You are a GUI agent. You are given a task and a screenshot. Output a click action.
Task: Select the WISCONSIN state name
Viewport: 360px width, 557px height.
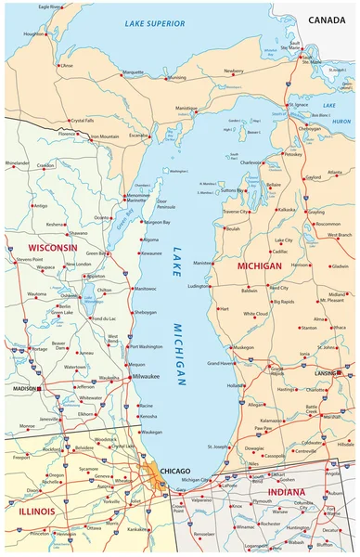click(52, 249)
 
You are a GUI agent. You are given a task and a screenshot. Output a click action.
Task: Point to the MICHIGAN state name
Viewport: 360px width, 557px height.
click(259, 266)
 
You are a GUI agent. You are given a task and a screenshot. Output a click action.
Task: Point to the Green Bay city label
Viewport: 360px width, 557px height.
click(95, 253)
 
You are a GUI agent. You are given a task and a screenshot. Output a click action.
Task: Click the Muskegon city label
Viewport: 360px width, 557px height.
click(243, 348)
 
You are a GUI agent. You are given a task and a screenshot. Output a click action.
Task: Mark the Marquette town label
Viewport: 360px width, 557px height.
click(134, 71)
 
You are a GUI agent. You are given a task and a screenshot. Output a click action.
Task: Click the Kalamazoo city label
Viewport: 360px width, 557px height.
click(273, 421)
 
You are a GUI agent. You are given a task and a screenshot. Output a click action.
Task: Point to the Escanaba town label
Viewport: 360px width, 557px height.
click(138, 136)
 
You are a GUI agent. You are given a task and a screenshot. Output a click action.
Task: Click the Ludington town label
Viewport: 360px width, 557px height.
click(199, 287)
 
